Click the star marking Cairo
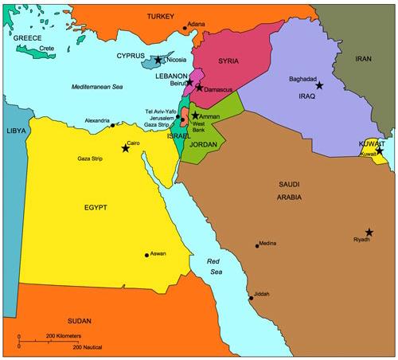coord(125,148)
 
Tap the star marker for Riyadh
coord(369,231)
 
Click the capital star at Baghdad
coord(319,85)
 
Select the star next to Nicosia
coord(158,60)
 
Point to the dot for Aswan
coord(146,255)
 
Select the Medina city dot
coord(257,245)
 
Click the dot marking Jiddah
coord(252,299)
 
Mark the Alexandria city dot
coord(113,125)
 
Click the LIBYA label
coord(15,130)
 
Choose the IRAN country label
coord(363,59)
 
